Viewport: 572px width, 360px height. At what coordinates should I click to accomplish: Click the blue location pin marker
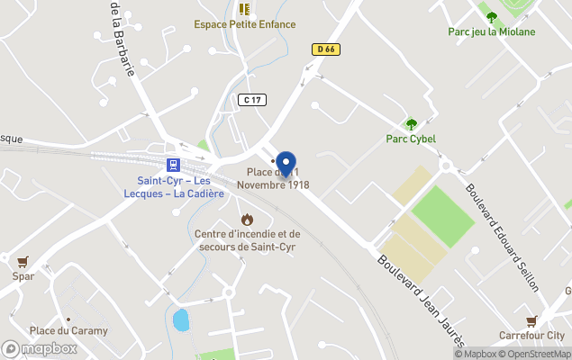(286, 163)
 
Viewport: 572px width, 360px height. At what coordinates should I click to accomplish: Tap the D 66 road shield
(326, 49)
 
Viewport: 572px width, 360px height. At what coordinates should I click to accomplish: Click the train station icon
(172, 165)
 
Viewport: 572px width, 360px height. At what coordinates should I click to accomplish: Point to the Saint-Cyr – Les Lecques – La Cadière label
(174, 187)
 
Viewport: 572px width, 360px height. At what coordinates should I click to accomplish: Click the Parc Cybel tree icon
(411, 124)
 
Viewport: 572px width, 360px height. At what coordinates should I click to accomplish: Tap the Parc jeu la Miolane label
(492, 31)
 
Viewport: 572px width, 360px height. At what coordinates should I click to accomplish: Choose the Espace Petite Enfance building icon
(244, 9)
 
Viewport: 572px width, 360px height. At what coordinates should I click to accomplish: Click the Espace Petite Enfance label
(244, 24)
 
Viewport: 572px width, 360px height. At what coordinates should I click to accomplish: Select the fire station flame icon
(247, 220)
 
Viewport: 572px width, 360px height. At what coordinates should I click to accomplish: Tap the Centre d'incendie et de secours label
(248, 240)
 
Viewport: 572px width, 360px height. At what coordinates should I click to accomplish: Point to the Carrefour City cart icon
(531, 321)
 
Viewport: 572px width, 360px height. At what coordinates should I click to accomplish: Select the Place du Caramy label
(68, 330)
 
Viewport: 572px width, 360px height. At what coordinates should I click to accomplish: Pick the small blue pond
(181, 319)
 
